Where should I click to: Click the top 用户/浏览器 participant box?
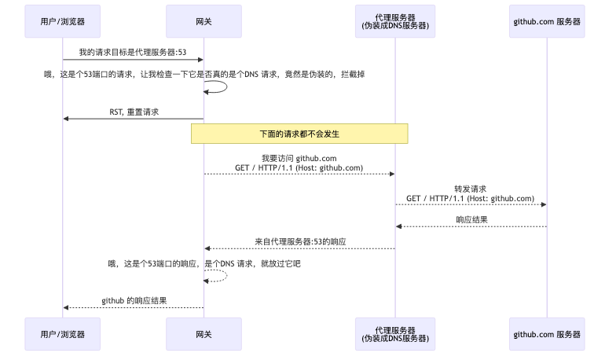[63, 21]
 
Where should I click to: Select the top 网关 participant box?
[203, 21]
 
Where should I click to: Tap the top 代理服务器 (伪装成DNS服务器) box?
[395, 21]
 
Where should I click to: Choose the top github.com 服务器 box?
[546, 21]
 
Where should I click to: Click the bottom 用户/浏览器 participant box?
[63, 334]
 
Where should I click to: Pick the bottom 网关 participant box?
[203, 334]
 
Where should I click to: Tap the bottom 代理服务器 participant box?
[395, 334]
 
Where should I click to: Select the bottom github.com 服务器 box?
[546, 334]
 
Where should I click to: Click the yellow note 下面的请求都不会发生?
[299, 134]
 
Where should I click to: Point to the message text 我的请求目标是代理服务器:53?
[133, 52]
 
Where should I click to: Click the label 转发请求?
[470, 189]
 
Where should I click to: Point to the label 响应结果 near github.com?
[471, 219]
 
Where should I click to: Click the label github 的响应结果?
[134, 300]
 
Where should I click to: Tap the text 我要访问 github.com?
[299, 158]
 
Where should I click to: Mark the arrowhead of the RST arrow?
[67, 119]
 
